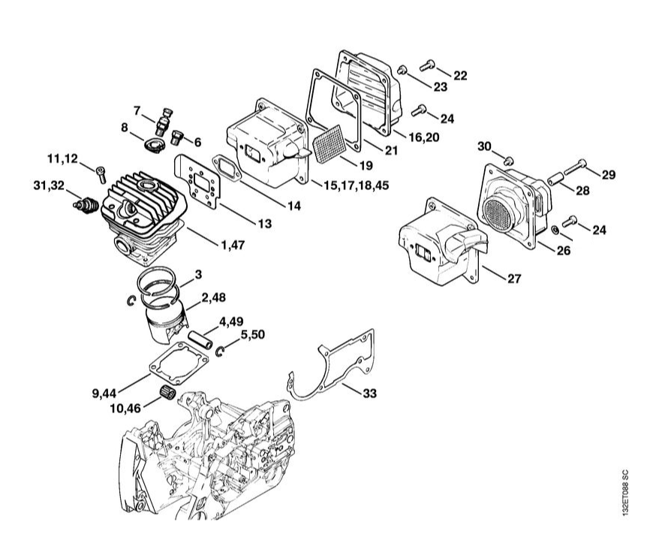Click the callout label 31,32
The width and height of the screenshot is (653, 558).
point(48,185)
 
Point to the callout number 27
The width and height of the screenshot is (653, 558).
point(513,279)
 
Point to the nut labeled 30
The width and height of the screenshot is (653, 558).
point(508,160)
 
